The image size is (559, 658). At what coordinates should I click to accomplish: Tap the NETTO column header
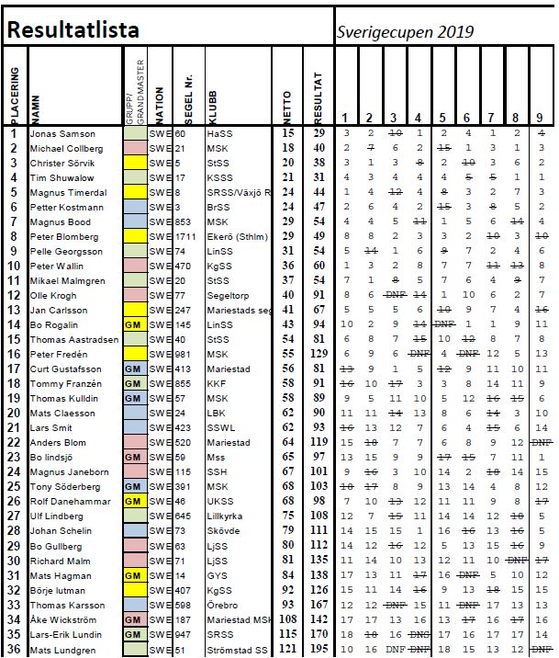coord(287,101)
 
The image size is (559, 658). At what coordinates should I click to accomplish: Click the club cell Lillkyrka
coord(225,516)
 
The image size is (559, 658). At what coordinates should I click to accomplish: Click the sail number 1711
coord(183,237)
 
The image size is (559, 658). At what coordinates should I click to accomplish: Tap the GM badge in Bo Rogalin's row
coord(133,325)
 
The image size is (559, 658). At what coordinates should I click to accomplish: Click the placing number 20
coord(14,413)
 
